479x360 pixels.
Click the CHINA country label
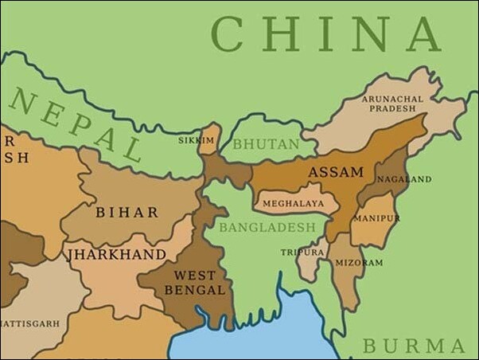(325, 35)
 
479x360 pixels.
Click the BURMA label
(414, 346)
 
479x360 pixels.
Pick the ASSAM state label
(335, 172)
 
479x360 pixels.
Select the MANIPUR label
(376, 217)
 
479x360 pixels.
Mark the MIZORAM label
(359, 262)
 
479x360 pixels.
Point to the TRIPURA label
(302, 252)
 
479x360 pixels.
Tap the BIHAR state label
(127, 213)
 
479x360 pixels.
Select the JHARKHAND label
(117, 254)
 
